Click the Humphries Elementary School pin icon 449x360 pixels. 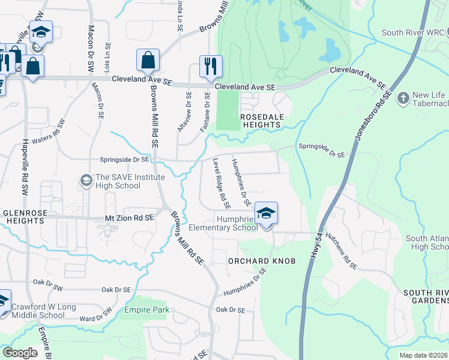click(266, 213)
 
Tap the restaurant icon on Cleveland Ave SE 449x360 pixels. click(210, 67)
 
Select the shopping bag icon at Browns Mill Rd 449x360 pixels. click(148, 60)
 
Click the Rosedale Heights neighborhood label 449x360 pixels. click(261, 120)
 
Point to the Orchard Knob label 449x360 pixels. click(251, 261)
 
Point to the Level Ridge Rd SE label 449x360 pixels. click(218, 179)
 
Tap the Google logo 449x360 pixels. click(20, 352)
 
